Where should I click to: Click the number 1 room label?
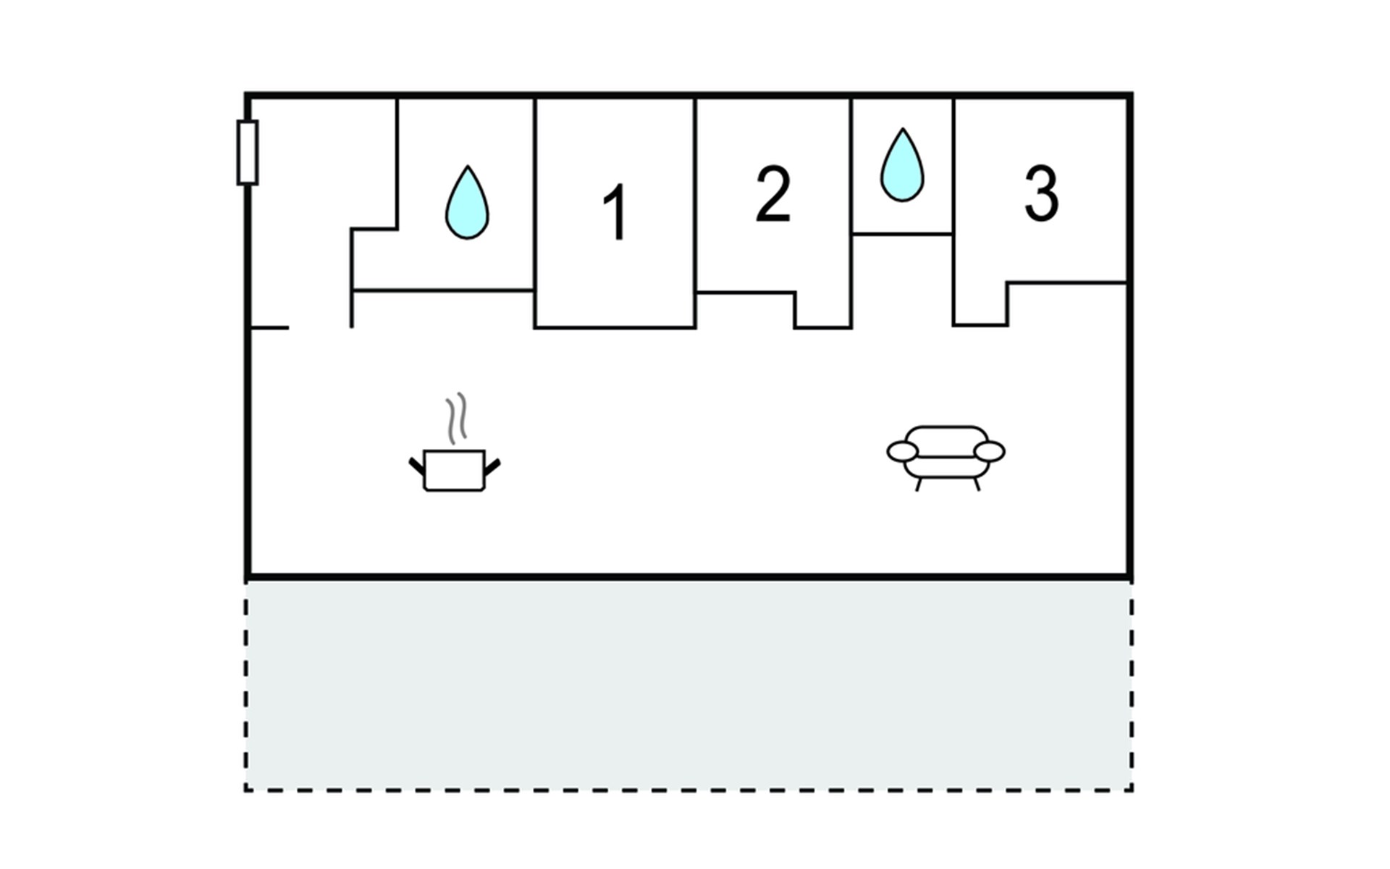[x=615, y=211]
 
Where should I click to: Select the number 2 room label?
[x=772, y=194]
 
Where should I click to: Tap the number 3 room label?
[x=1041, y=193]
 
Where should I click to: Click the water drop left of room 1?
[x=467, y=203]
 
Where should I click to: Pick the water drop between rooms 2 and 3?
[x=902, y=166]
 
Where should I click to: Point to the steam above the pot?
[x=456, y=418]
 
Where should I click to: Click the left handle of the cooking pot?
[x=416, y=466]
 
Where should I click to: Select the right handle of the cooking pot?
[x=492, y=466]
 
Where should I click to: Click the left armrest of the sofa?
[x=902, y=452]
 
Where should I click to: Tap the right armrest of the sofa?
[x=990, y=452]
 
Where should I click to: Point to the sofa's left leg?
[x=919, y=484]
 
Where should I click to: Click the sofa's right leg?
[x=976, y=484]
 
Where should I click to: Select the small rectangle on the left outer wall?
[x=248, y=153]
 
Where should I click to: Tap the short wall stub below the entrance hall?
[x=269, y=328]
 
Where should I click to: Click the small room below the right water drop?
[x=902, y=279]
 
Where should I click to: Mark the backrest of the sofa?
[x=946, y=439]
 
